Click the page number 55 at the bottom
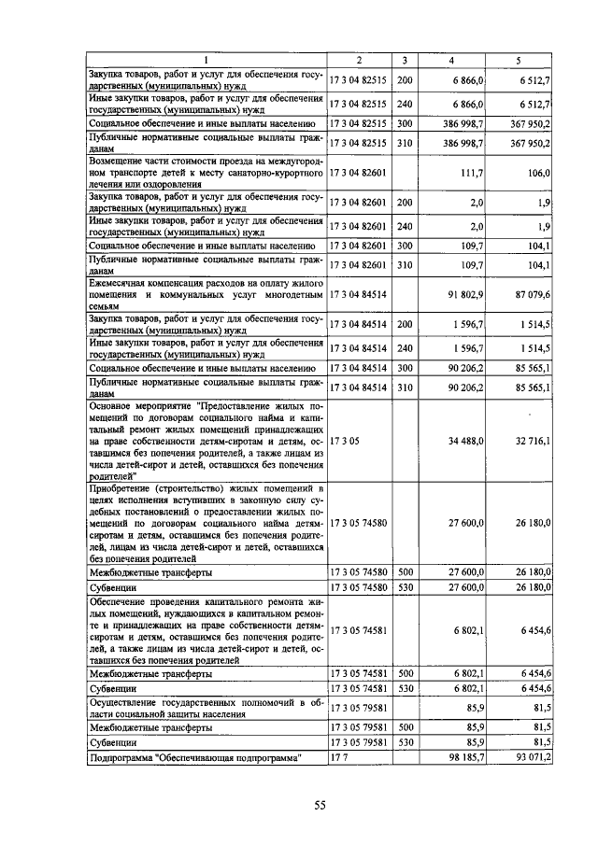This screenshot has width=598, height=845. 320,806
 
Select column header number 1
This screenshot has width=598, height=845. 206,61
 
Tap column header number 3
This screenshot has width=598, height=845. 404,61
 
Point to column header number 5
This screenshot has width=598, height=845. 519,61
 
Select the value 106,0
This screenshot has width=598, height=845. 538,173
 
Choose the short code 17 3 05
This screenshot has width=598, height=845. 345,440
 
